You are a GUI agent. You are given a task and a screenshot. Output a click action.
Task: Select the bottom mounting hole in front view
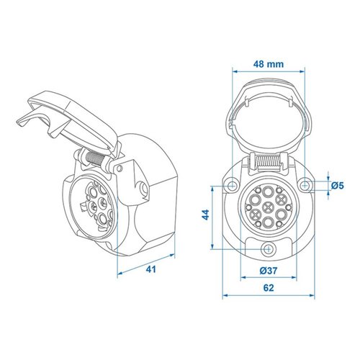pos(268,249)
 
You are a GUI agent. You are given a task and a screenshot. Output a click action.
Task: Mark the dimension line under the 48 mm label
pos(267,70)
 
